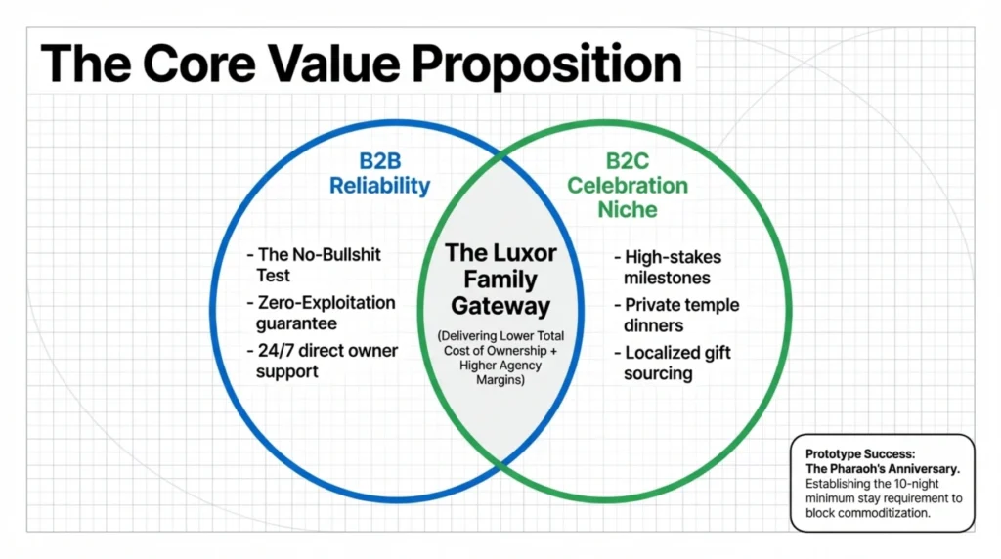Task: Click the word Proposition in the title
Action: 546,65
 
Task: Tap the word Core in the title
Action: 199,64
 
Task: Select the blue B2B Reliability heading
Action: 380,173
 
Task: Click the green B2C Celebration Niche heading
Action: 628,185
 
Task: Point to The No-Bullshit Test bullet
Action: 314,264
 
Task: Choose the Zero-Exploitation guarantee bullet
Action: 321,313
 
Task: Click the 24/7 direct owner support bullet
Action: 323,361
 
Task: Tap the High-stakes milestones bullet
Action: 668,267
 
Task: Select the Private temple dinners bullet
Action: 676,315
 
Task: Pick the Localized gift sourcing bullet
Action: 673,363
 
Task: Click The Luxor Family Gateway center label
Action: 500,279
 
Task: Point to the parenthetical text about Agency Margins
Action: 500,358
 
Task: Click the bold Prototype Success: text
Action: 860,453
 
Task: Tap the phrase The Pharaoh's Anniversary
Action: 883,468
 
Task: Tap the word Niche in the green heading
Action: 627,209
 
